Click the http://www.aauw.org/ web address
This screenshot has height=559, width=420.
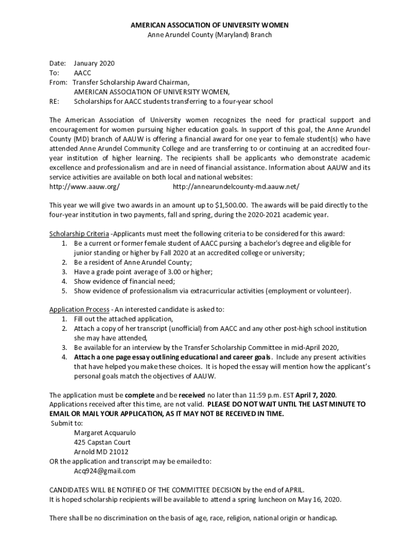[85, 187]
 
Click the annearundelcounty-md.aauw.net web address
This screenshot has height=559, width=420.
[236, 187]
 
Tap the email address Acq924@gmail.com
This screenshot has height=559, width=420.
[105, 471]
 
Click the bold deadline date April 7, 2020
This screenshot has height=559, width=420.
[316, 395]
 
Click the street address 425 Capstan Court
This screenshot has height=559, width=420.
[103, 442]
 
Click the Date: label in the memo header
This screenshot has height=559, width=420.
[58, 63]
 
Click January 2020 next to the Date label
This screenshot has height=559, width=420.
[94, 63]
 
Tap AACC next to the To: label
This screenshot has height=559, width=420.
[82, 73]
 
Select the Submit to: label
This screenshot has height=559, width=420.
[67, 423]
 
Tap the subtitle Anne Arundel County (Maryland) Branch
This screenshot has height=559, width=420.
[209, 35]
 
